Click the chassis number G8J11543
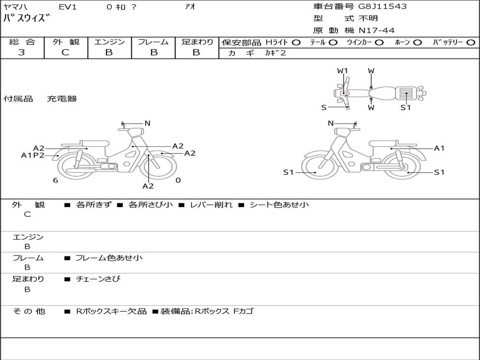pos(382,7)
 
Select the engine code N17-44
pos(376,30)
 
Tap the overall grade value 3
pos(22,52)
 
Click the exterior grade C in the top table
pos(65,52)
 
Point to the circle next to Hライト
pos(296,43)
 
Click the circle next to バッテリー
pos(471,43)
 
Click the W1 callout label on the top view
pos(343,71)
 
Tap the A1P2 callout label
pos(33,156)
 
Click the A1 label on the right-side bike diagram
pos(439,149)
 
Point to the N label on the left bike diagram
pos(147,123)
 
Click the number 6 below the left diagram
pos(55,180)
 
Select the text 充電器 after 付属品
pos(62,99)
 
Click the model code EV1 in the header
pos(67,7)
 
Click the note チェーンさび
pos(98,279)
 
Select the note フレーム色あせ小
pos(109,258)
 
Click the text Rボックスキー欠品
pos(111,312)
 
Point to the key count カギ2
pos(275,53)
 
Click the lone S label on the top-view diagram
pos(324,108)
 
